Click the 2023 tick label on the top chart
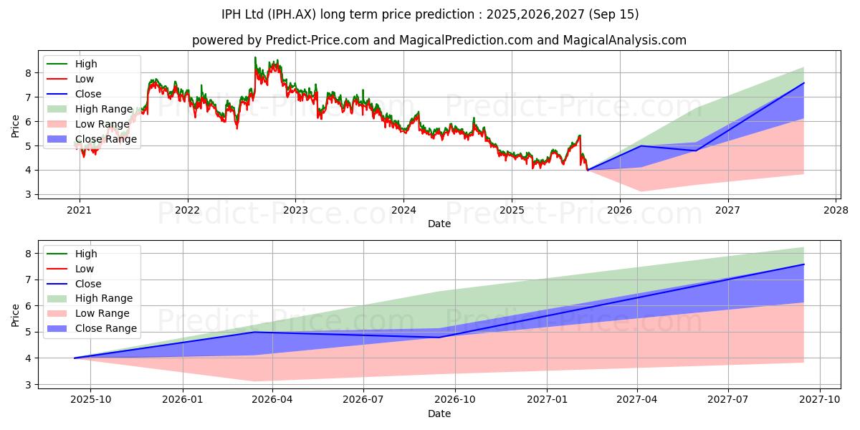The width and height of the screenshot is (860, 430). coord(295,210)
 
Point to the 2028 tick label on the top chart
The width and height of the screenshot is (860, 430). coord(836,210)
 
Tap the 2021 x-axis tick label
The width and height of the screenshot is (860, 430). coord(79,210)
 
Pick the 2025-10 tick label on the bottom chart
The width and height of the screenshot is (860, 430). coord(91,400)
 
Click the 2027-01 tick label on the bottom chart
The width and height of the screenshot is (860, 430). coord(548,400)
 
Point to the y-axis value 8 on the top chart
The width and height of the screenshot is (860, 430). coord(28,73)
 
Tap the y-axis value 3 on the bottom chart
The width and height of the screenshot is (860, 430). coord(28,385)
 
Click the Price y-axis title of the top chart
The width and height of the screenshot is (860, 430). coord(15,125)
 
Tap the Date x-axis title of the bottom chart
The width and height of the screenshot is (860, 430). coord(439,414)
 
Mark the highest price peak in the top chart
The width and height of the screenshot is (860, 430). coord(255,57)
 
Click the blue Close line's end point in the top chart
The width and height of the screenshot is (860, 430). coord(803,83)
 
